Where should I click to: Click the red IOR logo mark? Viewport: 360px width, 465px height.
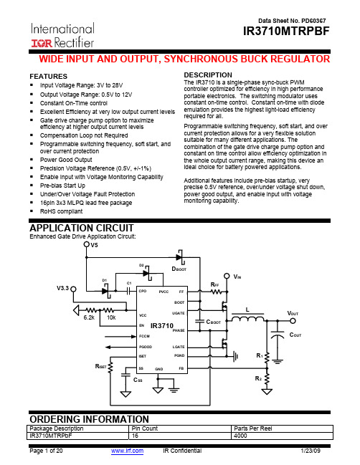[42, 43]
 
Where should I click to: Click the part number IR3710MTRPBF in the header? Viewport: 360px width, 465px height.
[286, 31]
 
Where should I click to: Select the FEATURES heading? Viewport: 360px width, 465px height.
[48, 76]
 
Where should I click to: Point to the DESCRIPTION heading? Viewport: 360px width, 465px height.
[208, 75]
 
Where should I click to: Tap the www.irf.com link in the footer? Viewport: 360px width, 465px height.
[128, 451]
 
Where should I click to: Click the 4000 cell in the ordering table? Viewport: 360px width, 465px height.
[240, 436]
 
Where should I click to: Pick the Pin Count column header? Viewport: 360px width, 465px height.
[145, 428]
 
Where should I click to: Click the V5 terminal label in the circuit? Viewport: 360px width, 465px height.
[94, 245]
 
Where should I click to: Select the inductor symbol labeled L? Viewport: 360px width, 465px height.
[247, 318]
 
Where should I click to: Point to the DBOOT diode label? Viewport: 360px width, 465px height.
[179, 269]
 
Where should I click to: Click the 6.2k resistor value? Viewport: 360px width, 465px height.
[89, 317]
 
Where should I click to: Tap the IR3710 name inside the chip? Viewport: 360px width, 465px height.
[162, 325]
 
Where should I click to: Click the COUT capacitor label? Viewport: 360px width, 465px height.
[295, 335]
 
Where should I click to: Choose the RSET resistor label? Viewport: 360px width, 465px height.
[100, 366]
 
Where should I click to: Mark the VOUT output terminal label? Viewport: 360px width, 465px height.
[293, 313]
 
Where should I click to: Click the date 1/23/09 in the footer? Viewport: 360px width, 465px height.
[311, 451]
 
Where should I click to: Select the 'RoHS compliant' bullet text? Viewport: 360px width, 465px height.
[61, 211]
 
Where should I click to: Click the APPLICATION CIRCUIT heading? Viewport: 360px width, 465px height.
[82, 228]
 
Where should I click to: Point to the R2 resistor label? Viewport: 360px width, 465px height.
[258, 378]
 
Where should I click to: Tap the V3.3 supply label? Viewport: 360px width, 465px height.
[62, 288]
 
